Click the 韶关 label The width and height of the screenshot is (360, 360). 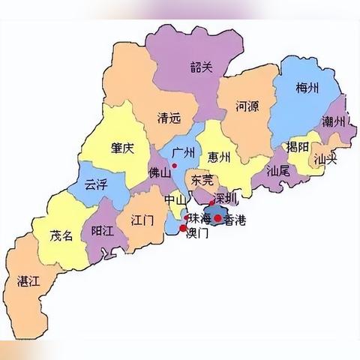(202, 67)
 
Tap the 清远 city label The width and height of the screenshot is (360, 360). (169, 118)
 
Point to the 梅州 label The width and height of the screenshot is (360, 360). (307, 89)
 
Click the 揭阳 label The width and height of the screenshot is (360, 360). (298, 146)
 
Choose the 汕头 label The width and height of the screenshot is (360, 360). (325, 159)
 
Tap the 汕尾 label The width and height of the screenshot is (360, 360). (278, 171)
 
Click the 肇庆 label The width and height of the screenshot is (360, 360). (121, 148)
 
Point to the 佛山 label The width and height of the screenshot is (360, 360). (160, 171)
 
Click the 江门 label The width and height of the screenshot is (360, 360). (142, 221)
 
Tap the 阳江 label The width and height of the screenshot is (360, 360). (102, 230)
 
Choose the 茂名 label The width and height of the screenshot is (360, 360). (61, 235)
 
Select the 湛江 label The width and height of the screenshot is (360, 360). (28, 280)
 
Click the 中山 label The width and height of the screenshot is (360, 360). (175, 200)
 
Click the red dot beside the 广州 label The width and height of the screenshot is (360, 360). (174, 165)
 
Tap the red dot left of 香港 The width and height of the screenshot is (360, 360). (217, 218)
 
